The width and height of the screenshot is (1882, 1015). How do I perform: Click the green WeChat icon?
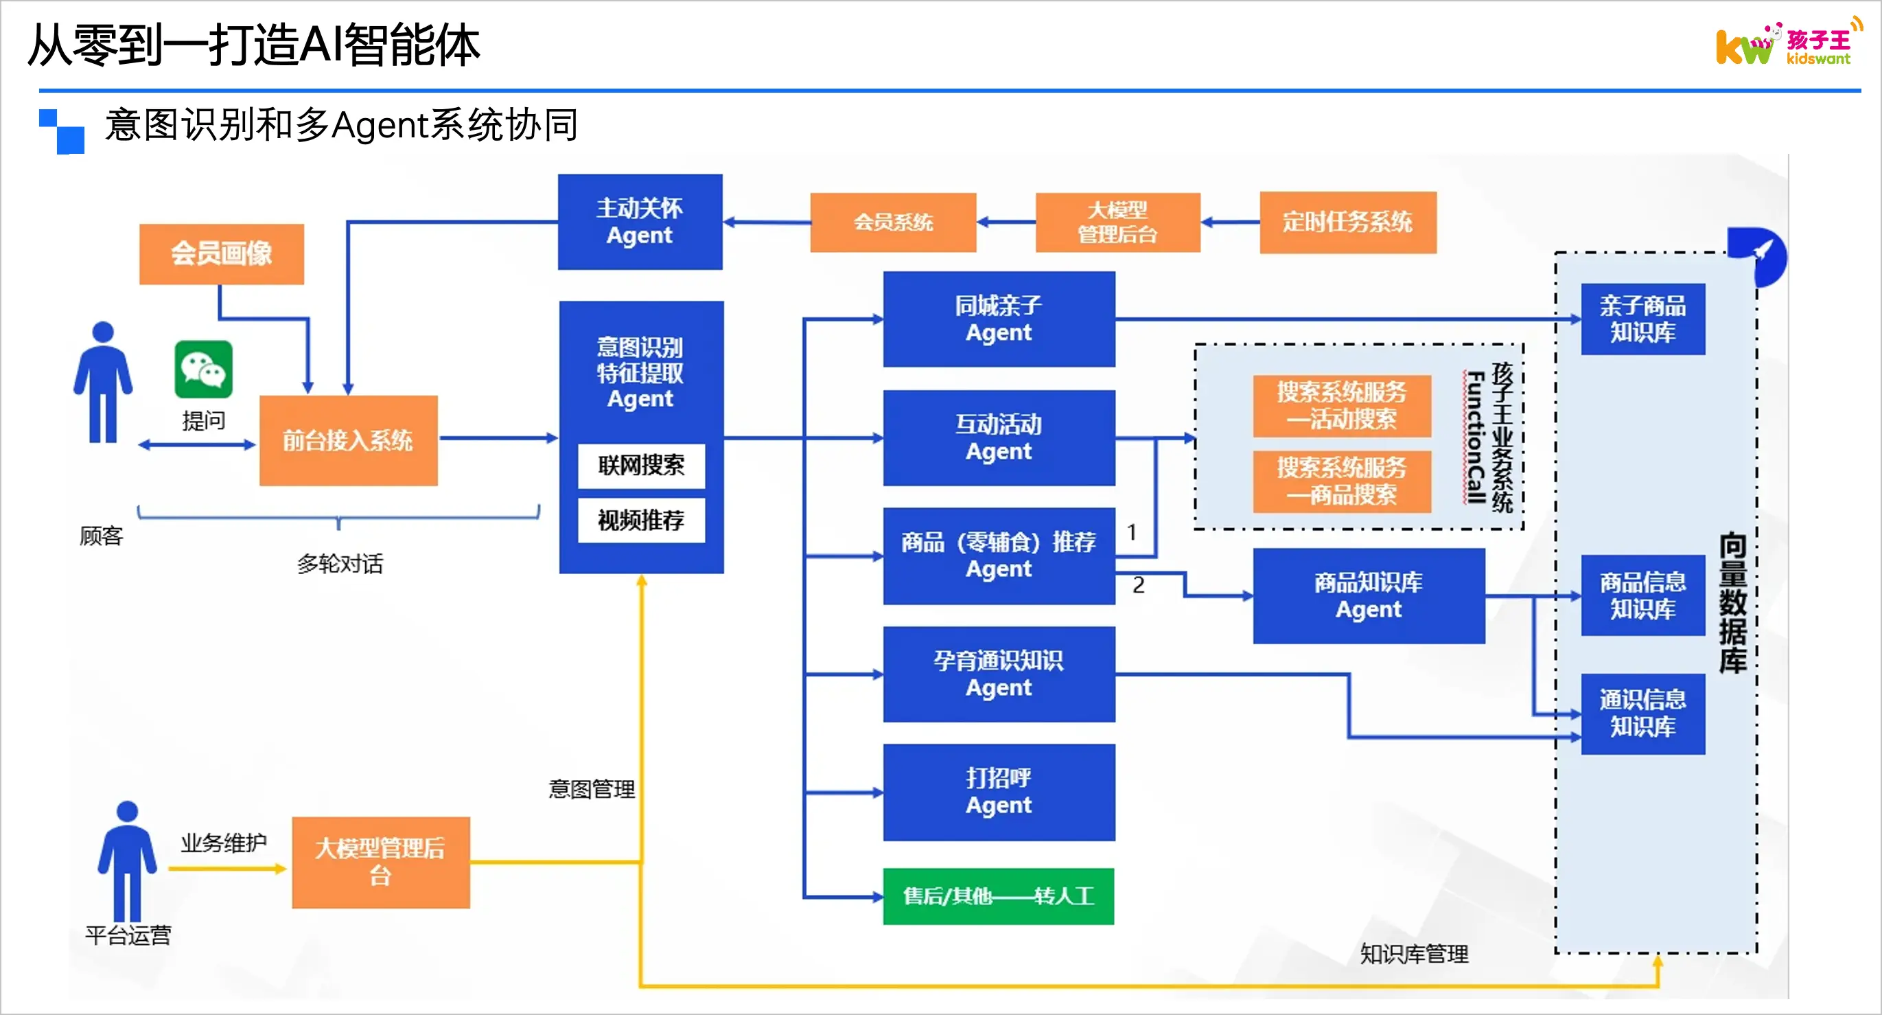pyautogui.click(x=203, y=369)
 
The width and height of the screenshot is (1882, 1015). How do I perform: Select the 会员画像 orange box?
pyautogui.click(x=222, y=253)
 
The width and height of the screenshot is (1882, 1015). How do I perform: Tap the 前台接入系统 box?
pyautogui.click(x=349, y=440)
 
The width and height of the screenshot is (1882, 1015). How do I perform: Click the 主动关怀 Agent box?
pyautogui.click(x=640, y=221)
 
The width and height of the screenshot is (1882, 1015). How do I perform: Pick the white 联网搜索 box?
pyautogui.click(x=641, y=466)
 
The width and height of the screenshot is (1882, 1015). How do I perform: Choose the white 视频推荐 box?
pyautogui.click(x=641, y=520)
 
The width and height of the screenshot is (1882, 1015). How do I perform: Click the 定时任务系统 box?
pyautogui.click(x=1348, y=222)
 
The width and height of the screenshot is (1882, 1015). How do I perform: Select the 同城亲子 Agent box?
pyautogui.click(x=999, y=319)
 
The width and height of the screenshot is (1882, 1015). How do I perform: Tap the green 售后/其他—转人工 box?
pyautogui.click(x=999, y=896)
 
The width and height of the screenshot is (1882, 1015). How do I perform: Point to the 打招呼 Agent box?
pyautogui.click(x=999, y=792)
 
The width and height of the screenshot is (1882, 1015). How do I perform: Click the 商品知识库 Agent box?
pyautogui.click(x=1369, y=595)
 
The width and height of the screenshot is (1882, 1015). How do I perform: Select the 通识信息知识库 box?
pyautogui.click(x=1643, y=714)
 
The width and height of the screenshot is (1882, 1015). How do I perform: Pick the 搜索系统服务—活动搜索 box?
pyautogui.click(x=1341, y=406)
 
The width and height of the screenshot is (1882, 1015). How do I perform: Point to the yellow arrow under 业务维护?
pyautogui.click(x=227, y=869)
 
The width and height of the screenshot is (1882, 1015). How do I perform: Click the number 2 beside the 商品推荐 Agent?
pyautogui.click(x=1138, y=584)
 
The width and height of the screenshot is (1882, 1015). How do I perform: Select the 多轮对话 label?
pyautogui.click(x=340, y=563)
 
